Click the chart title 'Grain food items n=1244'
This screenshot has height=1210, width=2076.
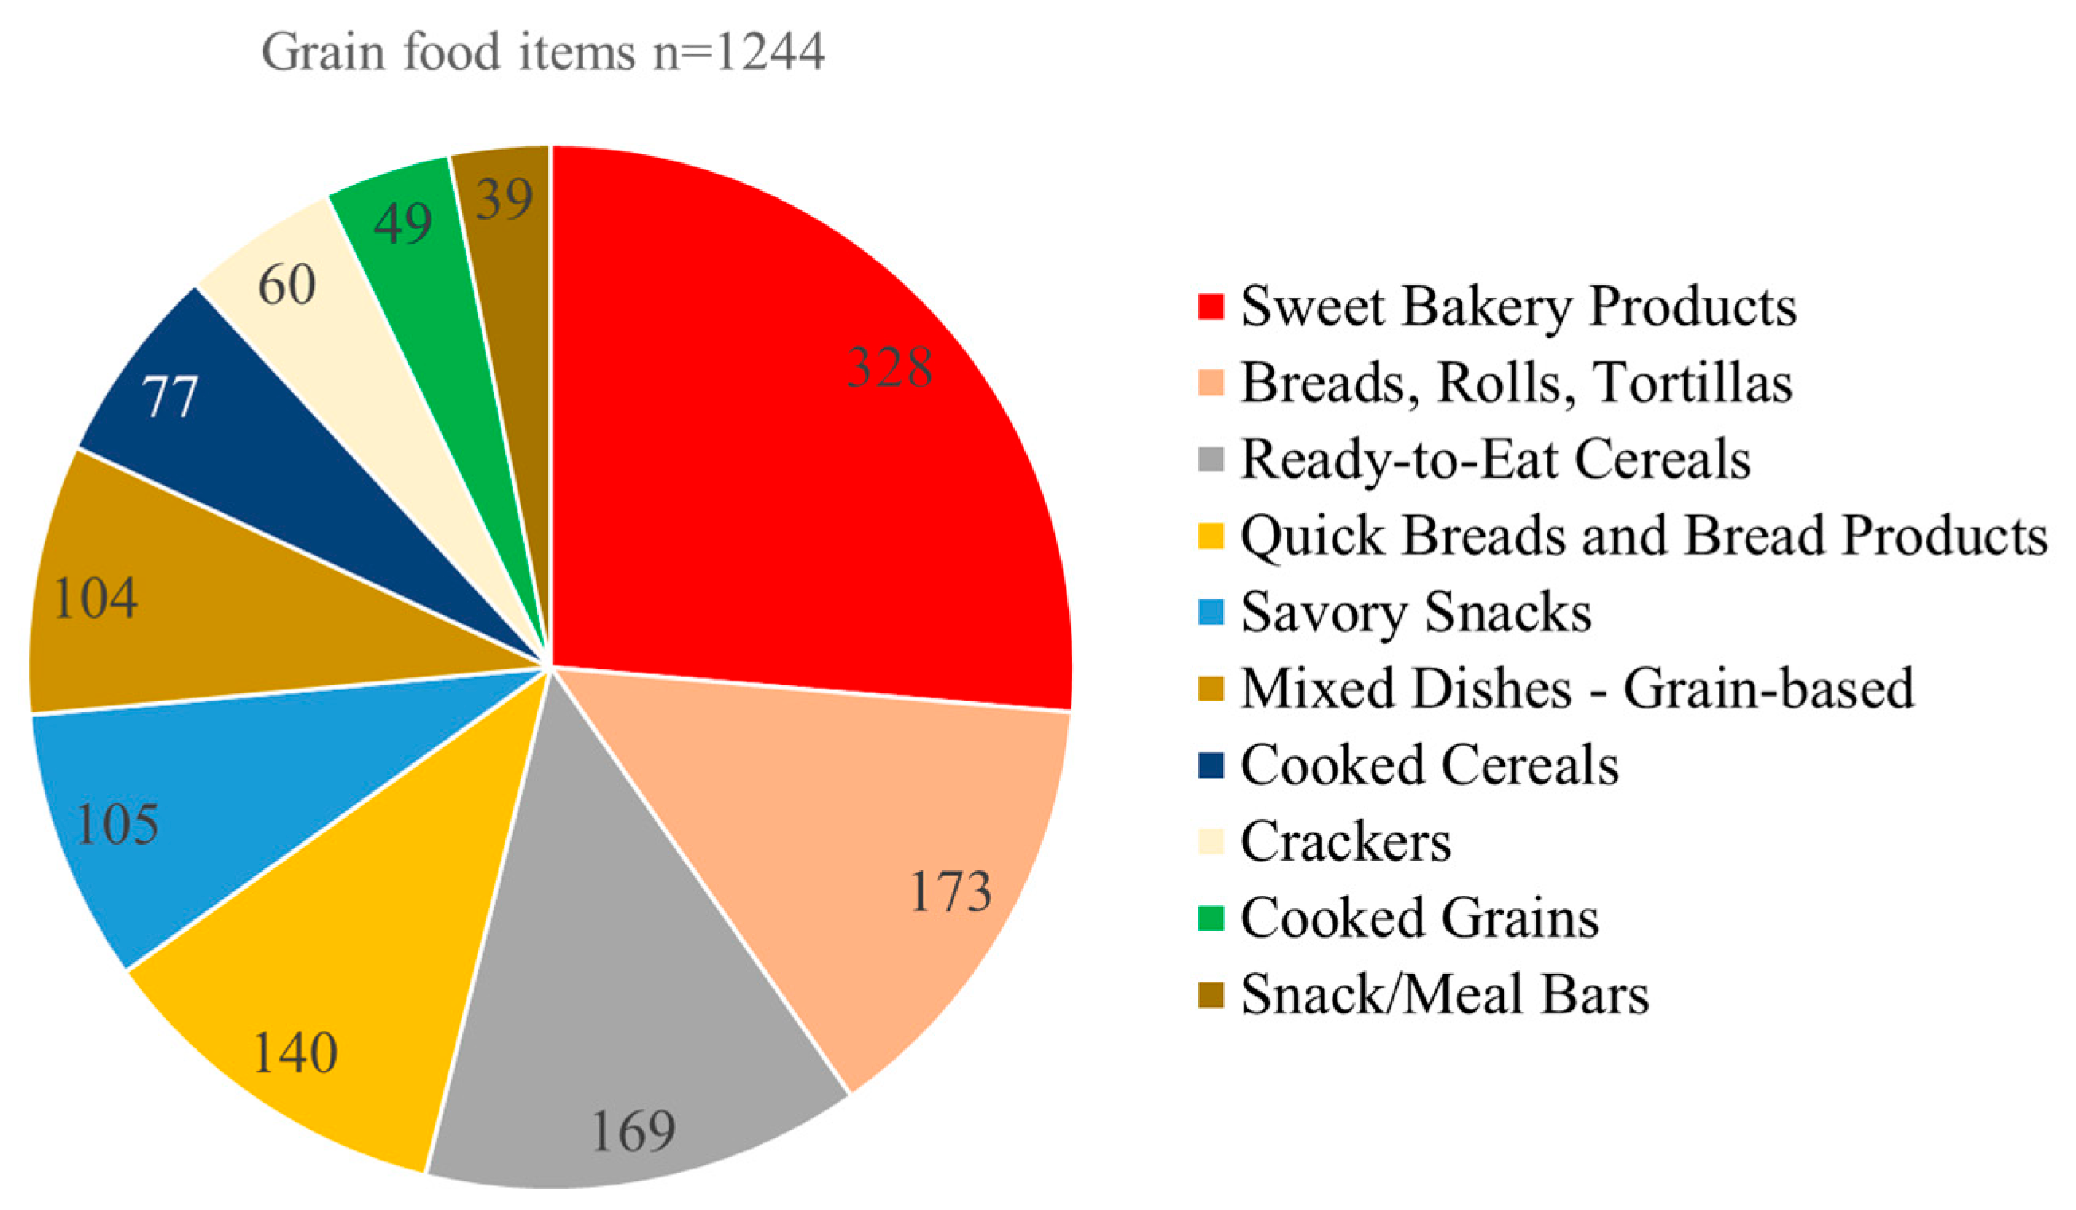543,53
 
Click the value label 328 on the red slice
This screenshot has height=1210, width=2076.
890,367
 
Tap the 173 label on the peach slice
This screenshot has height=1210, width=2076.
950,892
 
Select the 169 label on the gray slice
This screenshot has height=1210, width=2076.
634,1131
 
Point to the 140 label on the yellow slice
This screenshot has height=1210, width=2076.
295,1052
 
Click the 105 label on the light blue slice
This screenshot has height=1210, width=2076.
117,824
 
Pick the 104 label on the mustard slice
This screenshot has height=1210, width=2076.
95,598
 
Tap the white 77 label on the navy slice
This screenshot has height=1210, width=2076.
170,397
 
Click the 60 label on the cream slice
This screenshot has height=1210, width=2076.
287,285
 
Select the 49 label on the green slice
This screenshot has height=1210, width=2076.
402,222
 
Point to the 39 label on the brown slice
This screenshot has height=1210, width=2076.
503,198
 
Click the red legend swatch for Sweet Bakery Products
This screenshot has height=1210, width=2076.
1210,306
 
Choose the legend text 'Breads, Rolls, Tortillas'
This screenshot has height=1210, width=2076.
1516,383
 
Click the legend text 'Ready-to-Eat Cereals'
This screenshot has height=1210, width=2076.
1495,459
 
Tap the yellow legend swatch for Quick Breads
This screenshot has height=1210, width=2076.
1210,537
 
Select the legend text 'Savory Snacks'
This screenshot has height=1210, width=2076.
1415,612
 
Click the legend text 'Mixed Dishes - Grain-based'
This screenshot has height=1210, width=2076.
1577,689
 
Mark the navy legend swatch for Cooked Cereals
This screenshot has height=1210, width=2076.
1210,765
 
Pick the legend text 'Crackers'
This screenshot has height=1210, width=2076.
1345,841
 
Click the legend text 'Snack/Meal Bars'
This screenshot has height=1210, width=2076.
1444,994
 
